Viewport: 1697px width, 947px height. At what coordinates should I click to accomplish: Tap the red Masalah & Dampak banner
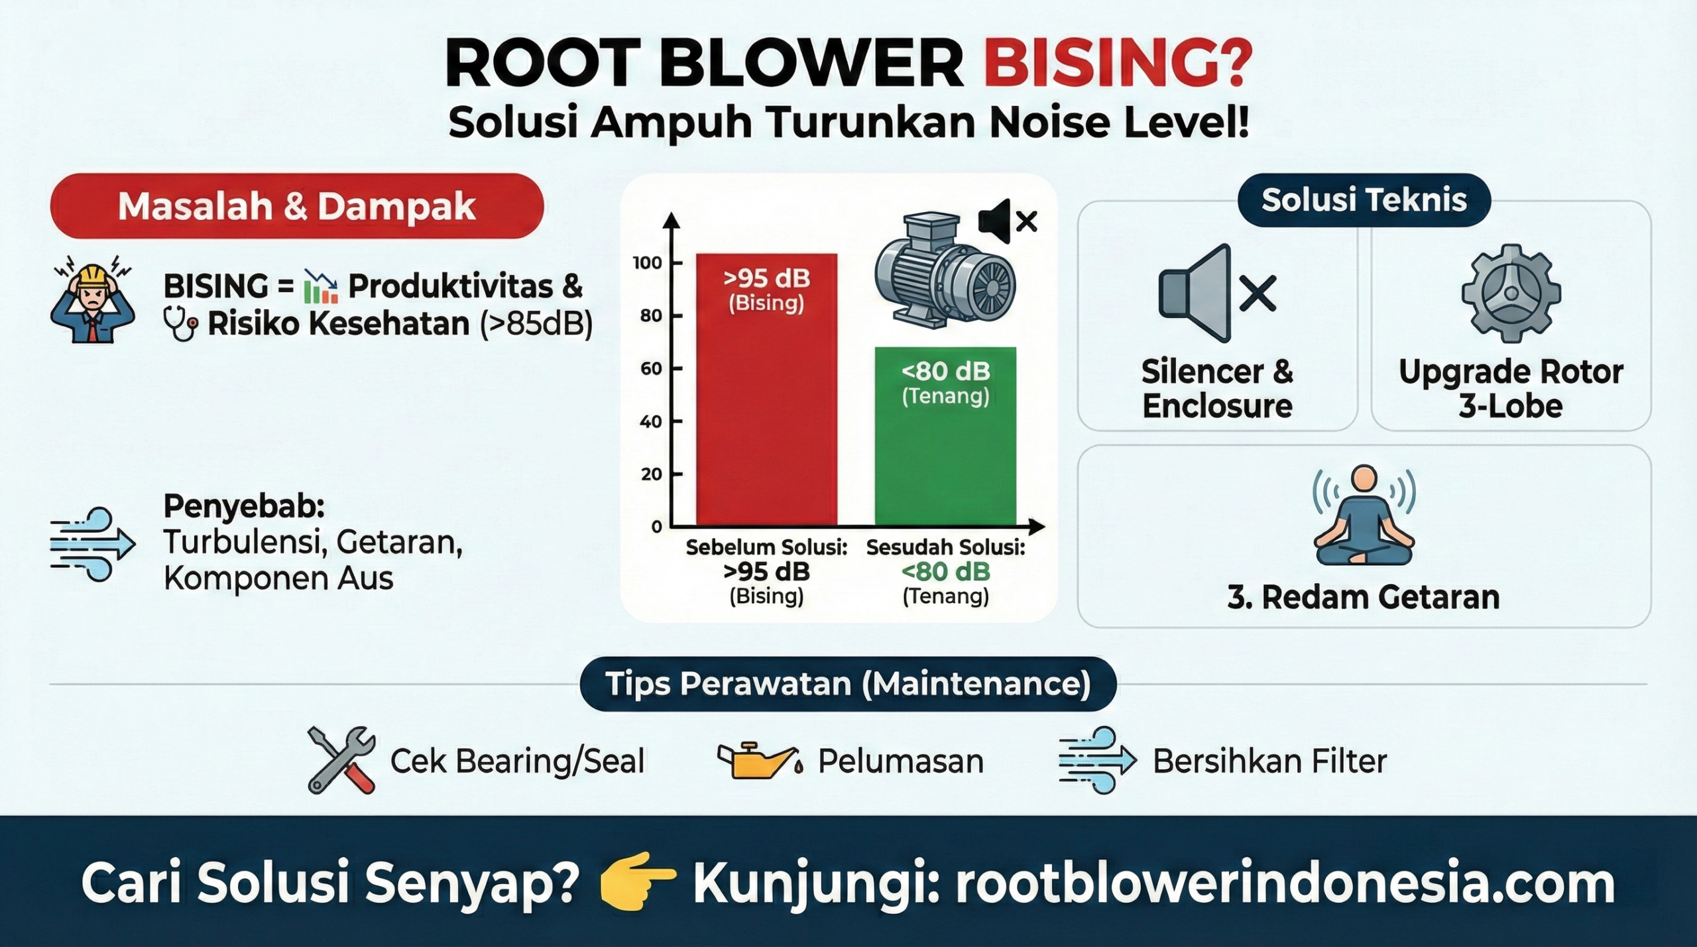(296, 206)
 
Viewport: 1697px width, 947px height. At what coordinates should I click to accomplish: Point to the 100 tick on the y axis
(648, 263)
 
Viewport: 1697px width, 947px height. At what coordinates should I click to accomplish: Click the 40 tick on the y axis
(650, 421)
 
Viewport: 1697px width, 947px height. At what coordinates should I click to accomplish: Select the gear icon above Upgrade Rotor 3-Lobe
(1511, 293)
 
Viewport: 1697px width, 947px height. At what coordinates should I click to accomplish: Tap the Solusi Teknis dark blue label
(1364, 200)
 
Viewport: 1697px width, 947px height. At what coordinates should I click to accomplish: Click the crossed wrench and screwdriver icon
(341, 759)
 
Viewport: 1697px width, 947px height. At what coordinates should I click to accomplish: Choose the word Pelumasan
(900, 761)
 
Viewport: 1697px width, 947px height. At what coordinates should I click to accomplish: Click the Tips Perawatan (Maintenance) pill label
(848, 684)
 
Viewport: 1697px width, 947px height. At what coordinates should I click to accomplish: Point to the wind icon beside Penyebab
(92, 544)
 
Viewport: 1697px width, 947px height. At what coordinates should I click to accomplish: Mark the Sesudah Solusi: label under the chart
(945, 547)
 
